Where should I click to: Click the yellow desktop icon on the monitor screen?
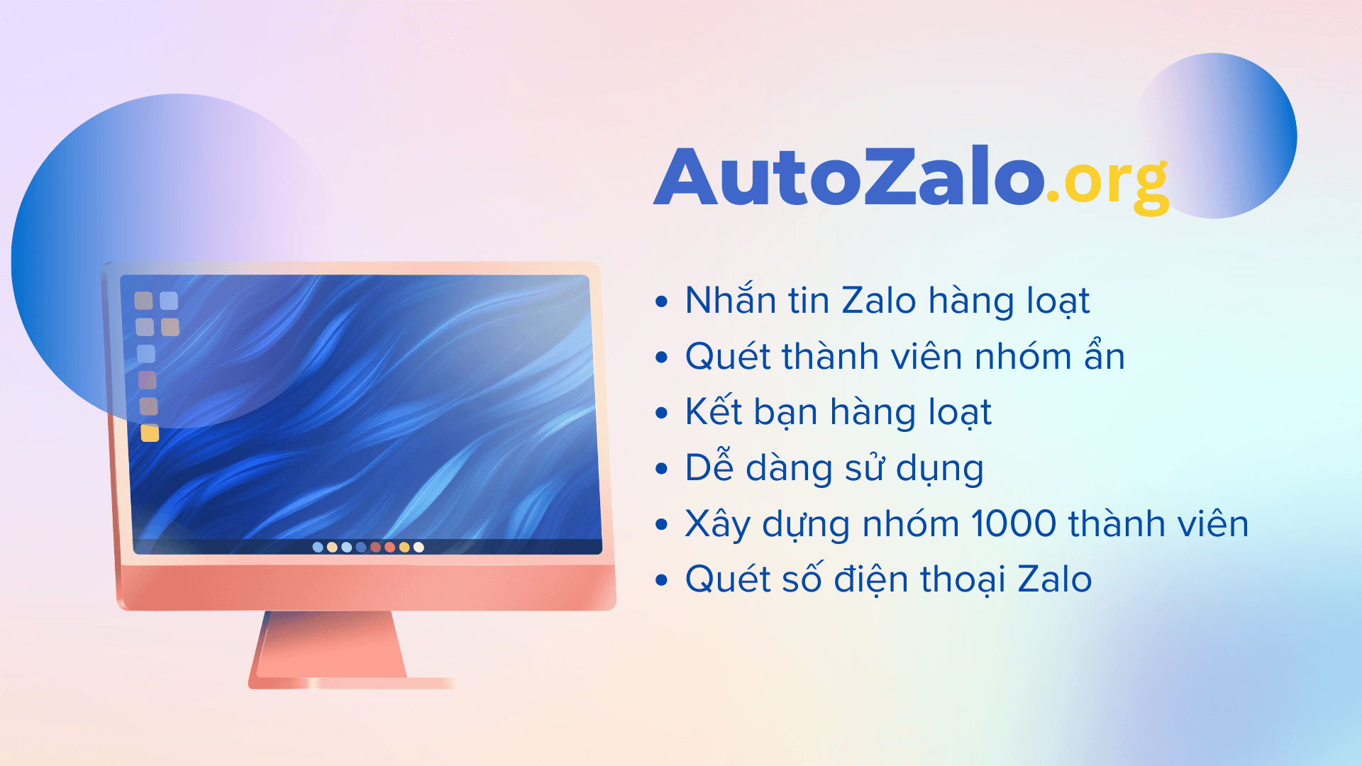point(150,433)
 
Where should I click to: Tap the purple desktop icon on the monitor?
point(148,380)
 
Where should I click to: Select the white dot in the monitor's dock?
point(419,547)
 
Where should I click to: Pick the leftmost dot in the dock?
point(318,547)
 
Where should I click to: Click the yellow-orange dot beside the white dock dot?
point(404,547)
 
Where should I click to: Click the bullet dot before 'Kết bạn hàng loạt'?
point(662,413)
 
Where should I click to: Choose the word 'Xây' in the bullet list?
point(717,525)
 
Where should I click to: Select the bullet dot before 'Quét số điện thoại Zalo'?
point(662,580)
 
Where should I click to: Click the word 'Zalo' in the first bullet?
point(879,300)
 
